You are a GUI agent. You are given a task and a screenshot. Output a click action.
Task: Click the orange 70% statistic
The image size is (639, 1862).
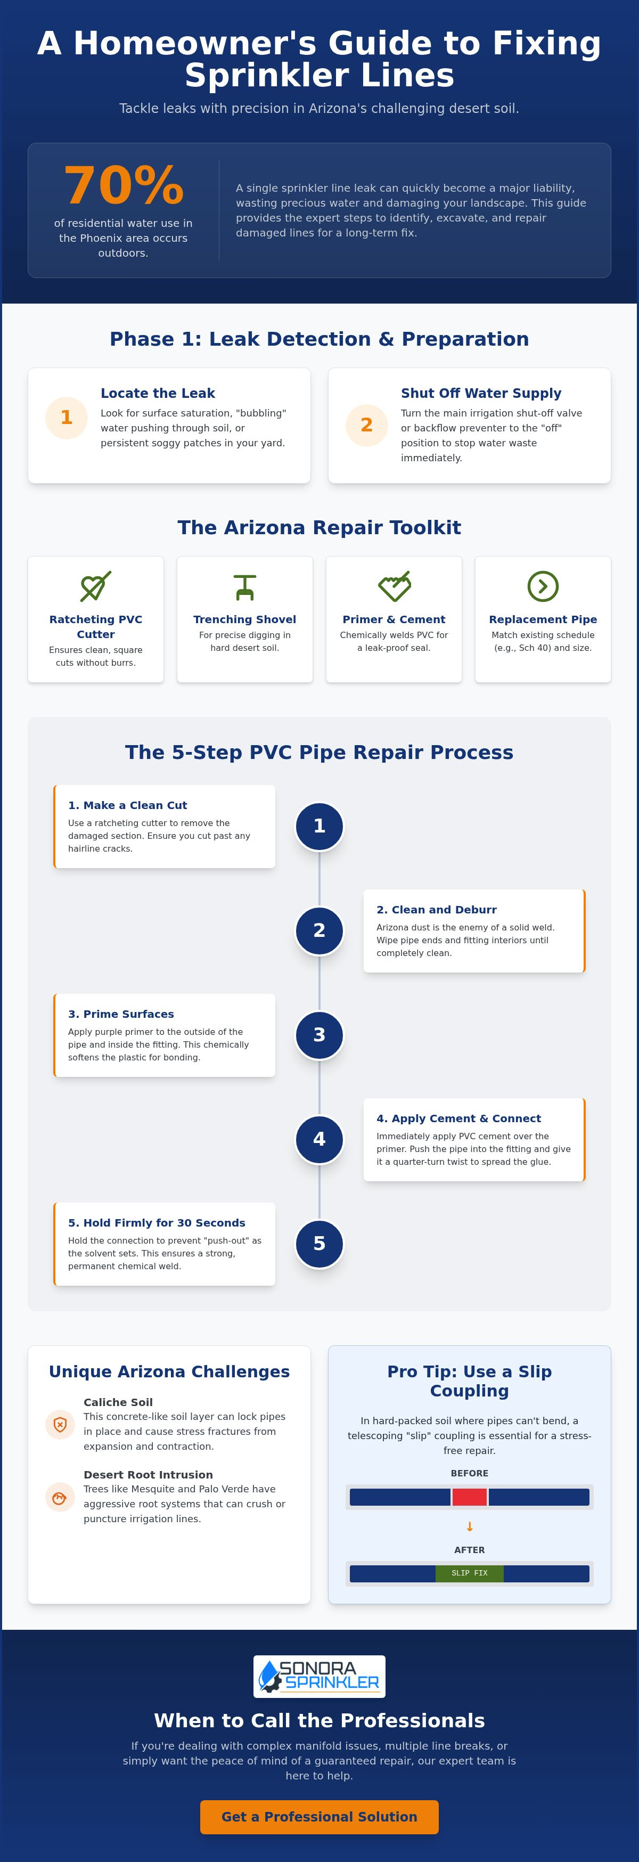tap(123, 186)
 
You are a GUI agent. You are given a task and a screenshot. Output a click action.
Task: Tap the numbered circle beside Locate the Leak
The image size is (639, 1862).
tap(67, 418)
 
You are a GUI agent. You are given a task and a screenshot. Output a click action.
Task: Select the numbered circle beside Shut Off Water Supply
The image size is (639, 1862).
tap(366, 425)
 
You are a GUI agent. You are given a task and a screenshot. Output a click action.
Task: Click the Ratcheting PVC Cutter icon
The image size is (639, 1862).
tap(95, 586)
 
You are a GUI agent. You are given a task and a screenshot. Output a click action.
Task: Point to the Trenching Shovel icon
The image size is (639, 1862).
tap(245, 586)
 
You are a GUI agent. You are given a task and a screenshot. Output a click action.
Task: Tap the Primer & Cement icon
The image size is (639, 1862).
tap(394, 586)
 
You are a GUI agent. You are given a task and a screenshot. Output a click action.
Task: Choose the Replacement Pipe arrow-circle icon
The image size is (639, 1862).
tap(543, 586)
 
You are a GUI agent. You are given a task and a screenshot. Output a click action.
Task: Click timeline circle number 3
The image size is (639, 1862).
tap(319, 1035)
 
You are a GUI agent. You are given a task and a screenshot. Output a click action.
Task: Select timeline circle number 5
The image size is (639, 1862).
tap(319, 1243)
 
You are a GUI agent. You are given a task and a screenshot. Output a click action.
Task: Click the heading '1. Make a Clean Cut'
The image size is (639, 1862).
tap(127, 805)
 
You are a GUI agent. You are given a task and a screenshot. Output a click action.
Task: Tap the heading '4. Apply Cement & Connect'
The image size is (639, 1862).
tap(458, 1118)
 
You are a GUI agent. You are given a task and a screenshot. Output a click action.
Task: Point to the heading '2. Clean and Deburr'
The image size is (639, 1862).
tap(437, 909)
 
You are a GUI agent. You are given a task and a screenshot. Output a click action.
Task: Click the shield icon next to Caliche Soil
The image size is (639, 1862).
tap(60, 1425)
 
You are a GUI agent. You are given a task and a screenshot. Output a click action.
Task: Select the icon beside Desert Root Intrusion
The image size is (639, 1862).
tap(60, 1497)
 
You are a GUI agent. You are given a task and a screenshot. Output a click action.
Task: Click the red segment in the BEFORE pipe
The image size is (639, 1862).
tap(469, 1497)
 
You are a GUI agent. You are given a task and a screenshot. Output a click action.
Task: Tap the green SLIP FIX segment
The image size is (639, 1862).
tap(469, 1573)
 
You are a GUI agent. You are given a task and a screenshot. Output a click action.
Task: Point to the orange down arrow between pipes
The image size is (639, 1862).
tap(470, 1526)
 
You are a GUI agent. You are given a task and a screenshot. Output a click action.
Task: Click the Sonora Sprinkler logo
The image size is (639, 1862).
tap(319, 1676)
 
